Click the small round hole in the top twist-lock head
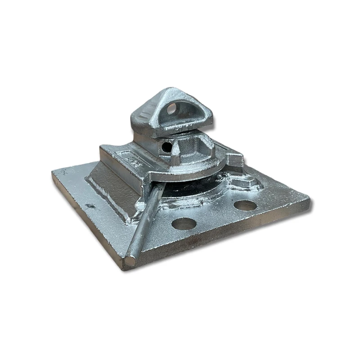[x=171, y=108]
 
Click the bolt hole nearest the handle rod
[x=184, y=223]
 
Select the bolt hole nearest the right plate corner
[x=245, y=205]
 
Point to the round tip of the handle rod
[x=129, y=261]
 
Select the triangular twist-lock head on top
[x=171, y=112]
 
